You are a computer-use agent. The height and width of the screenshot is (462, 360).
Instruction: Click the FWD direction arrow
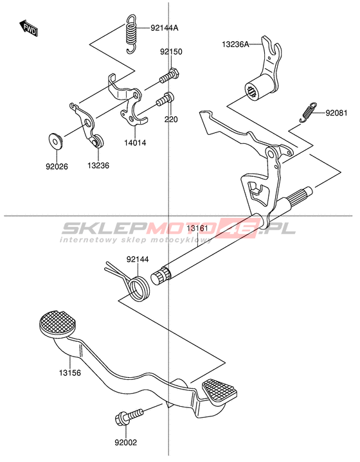point(28,28)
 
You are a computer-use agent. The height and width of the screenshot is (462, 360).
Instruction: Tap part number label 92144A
point(164,28)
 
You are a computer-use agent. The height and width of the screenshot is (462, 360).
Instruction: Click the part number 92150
point(171,52)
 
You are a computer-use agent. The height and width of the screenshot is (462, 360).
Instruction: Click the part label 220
point(171,120)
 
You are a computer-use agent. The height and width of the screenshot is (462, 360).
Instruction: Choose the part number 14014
point(135,143)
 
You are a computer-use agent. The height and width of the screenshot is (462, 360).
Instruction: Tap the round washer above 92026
point(55,141)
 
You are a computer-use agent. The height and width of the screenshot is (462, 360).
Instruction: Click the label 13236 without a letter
point(98,166)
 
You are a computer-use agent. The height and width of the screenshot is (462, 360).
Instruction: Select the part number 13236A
point(235,44)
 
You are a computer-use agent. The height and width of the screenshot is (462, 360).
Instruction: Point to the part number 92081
point(336,113)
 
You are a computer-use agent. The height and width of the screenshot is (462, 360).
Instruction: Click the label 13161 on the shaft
point(197,228)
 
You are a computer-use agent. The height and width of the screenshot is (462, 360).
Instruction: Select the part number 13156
point(70,373)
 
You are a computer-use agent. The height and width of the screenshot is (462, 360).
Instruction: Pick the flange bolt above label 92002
point(129,416)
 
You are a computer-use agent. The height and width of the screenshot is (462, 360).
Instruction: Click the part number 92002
point(126,443)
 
